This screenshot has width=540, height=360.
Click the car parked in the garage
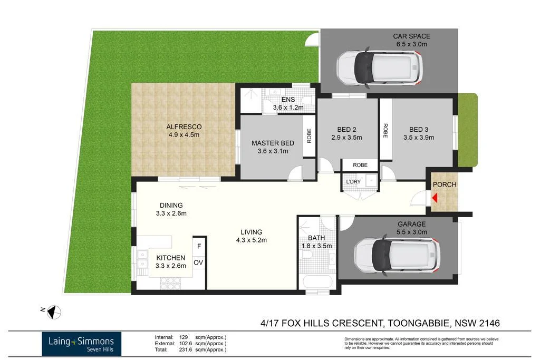(396, 255)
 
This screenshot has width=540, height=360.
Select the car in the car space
(379, 67)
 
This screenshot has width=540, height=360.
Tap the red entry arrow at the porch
(435, 198)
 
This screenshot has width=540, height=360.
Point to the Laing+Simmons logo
(82, 343)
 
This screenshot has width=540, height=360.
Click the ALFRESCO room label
(184, 127)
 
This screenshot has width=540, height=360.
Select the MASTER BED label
(273, 143)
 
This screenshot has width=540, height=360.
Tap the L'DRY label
(353, 182)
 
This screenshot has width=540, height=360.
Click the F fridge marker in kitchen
(199, 246)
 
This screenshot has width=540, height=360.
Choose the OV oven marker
(199, 262)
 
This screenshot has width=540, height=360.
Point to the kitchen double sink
(142, 259)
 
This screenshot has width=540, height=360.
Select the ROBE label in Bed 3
(385, 130)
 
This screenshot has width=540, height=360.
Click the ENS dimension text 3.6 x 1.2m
(288, 108)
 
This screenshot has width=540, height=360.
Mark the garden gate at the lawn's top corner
(313, 39)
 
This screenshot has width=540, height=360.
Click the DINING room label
(171, 206)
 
